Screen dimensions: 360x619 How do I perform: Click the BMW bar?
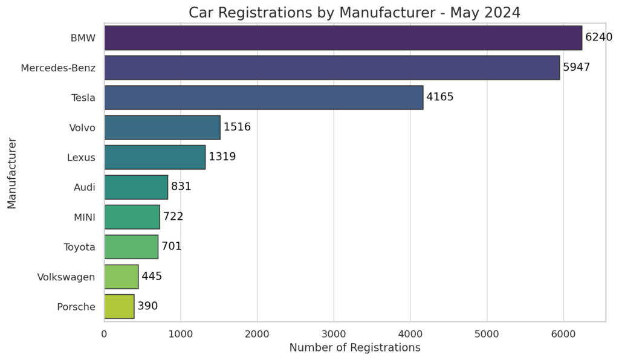coord(343,37)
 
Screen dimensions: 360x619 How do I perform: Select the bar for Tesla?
coord(264,97)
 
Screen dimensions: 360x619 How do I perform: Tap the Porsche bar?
coord(119,306)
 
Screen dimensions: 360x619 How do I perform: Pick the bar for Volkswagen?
coord(122,277)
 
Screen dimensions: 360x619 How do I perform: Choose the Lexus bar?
coord(155,157)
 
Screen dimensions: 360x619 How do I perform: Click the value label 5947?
coord(576,67)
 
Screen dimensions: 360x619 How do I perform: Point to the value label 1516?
coord(237,127)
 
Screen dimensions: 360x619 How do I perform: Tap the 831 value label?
coord(181,187)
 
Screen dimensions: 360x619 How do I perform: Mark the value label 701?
coord(171,246)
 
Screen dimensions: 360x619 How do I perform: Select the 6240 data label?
coord(598,37)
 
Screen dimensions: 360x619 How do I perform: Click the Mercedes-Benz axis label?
coord(58,68)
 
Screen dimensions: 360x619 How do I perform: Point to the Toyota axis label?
coord(79,246)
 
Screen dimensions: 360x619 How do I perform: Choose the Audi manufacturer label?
coord(84,187)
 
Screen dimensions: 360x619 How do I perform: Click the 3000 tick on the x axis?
coord(334,333)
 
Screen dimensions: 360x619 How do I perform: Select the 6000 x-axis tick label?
coord(563,333)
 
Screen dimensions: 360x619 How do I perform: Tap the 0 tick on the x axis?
coord(105,333)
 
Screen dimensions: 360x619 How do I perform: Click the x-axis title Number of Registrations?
coord(354,348)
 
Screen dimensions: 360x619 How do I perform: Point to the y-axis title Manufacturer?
coord(12,173)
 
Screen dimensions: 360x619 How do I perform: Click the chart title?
coord(354,13)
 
